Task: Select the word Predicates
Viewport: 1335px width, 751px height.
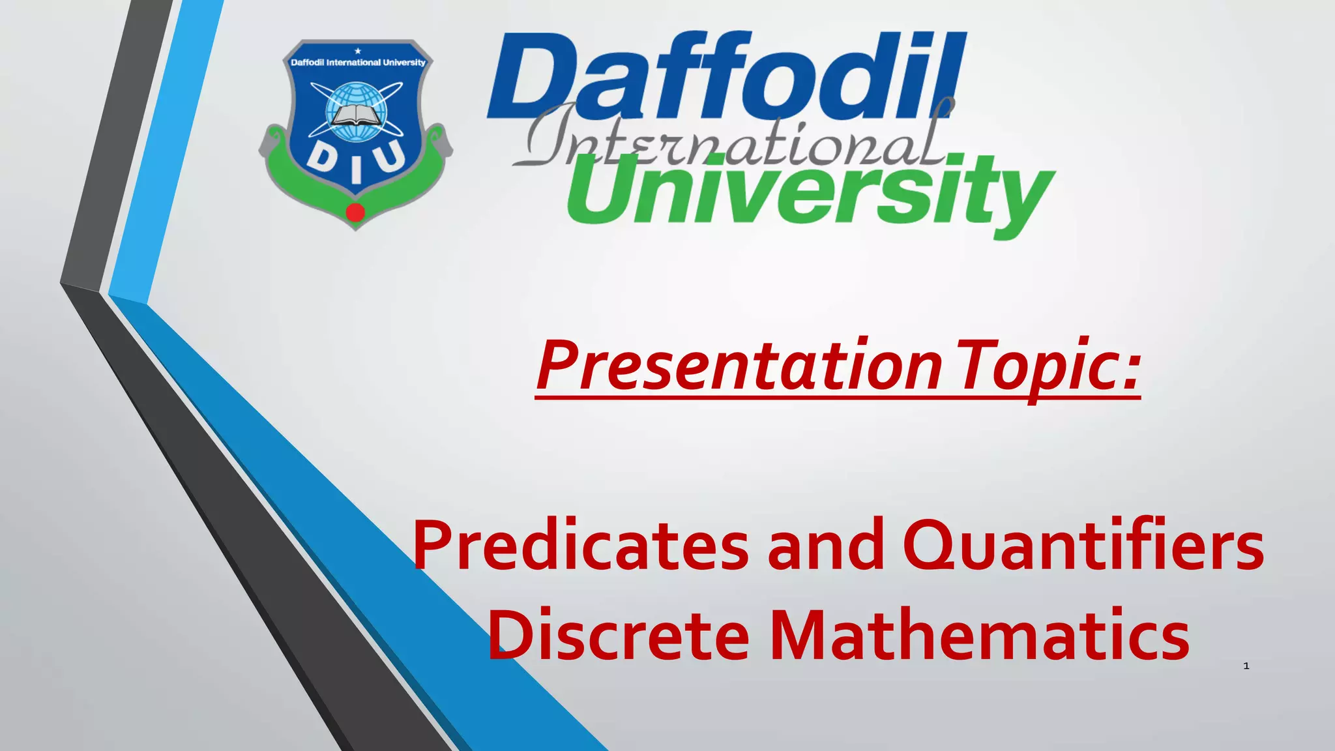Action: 580,546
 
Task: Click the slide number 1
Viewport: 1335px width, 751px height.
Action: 1246,666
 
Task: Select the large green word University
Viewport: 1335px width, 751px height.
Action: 812,192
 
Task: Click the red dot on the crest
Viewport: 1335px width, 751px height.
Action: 355,213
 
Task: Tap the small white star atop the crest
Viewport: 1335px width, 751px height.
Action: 357,51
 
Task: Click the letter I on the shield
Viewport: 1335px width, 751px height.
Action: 356,171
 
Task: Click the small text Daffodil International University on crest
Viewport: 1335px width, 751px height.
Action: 357,63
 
